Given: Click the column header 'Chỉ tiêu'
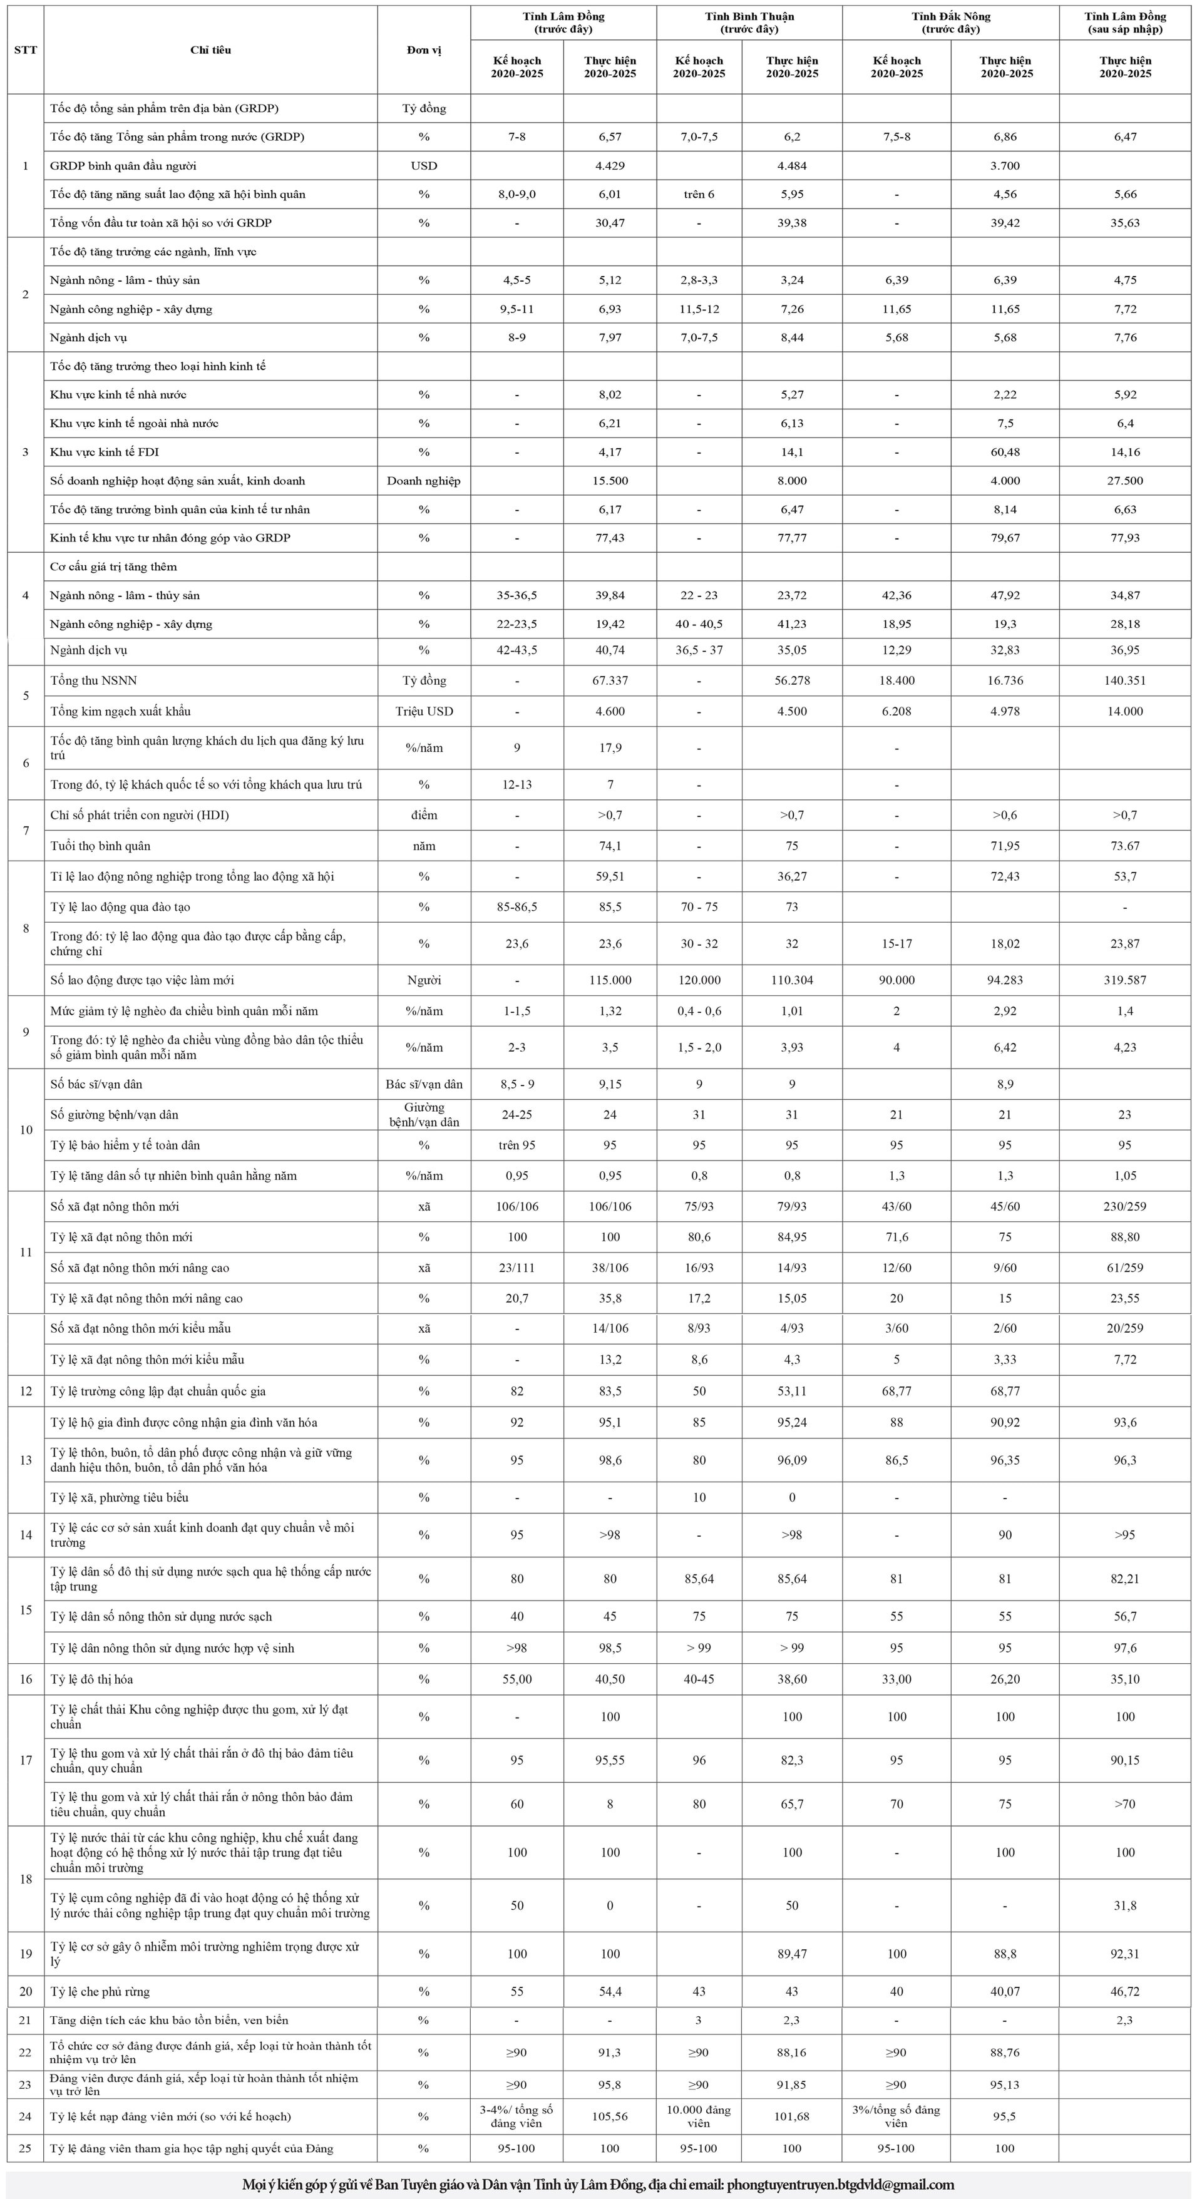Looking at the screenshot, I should (x=210, y=50).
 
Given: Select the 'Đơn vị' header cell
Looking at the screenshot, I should (x=423, y=50).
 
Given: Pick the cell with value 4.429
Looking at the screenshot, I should (x=610, y=166).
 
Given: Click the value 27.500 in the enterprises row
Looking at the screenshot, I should (x=1124, y=481).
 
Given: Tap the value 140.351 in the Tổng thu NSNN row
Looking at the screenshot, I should (x=1124, y=680).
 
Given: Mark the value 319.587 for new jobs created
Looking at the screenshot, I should (x=1124, y=980).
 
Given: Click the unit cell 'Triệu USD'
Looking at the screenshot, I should (x=423, y=711).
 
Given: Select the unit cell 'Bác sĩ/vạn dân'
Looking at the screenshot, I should (x=423, y=1084).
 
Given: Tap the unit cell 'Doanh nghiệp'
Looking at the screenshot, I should (x=423, y=481).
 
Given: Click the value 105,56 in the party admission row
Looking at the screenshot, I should (x=610, y=2116).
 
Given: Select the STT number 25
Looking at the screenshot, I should (x=26, y=2149).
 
